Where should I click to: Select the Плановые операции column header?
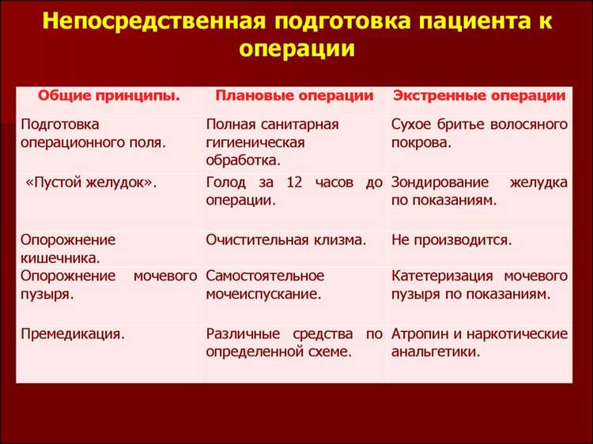pyautogui.click(x=293, y=96)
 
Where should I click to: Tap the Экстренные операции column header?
pyautogui.click(x=479, y=96)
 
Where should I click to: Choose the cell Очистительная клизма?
pyautogui.click(x=285, y=239)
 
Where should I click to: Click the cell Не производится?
pyautogui.click(x=451, y=239)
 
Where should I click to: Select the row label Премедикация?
pyautogui.click(x=73, y=333)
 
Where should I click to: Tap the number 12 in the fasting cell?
pyautogui.click(x=294, y=182)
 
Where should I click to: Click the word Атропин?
pyautogui.click(x=420, y=333)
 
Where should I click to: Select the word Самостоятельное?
pyautogui.click(x=265, y=276)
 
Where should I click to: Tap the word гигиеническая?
pyautogui.click(x=255, y=142)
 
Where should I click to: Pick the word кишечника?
pyautogui.click(x=60, y=258)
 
